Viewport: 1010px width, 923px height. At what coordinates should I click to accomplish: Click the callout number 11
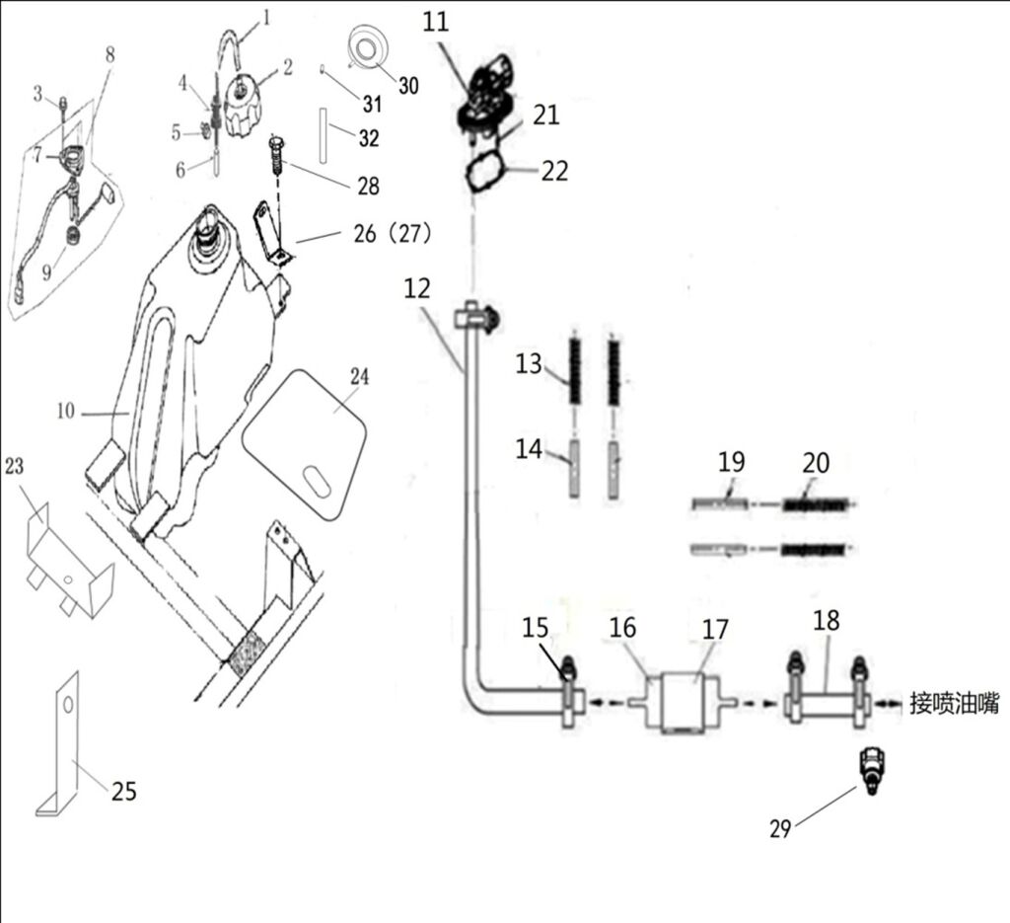pyautogui.click(x=435, y=22)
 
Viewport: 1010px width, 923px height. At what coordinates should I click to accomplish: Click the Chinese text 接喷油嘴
pyautogui.click(x=955, y=703)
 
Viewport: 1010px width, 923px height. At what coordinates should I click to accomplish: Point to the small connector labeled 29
pyautogui.click(x=872, y=770)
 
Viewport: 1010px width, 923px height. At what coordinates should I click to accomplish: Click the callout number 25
pyautogui.click(x=124, y=791)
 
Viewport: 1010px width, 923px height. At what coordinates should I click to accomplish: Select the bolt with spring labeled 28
pyautogui.click(x=277, y=155)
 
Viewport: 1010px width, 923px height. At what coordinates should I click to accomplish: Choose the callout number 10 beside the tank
pyautogui.click(x=66, y=411)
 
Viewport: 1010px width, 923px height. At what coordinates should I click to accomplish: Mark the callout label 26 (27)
pyautogui.click(x=393, y=233)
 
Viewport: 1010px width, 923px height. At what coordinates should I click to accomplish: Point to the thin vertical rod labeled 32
pyautogui.click(x=323, y=136)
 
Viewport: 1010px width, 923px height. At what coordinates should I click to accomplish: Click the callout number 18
pyautogui.click(x=827, y=621)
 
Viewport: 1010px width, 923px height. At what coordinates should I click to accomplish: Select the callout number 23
pyautogui.click(x=14, y=465)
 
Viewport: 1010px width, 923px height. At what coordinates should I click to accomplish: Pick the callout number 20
pyautogui.click(x=816, y=463)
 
